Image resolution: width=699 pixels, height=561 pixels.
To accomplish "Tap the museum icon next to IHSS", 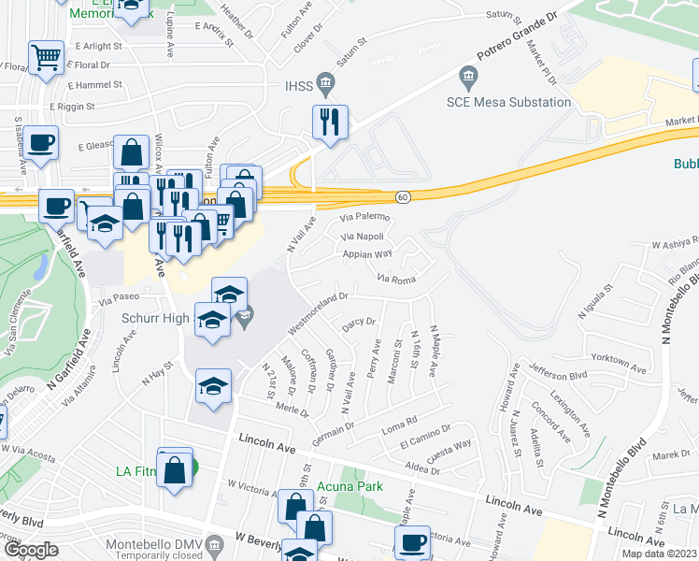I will [324, 81].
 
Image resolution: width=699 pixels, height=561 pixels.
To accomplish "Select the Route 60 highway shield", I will [403, 197].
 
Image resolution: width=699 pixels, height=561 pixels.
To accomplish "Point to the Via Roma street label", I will [395, 278].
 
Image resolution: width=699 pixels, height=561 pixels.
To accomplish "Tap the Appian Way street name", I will [366, 253].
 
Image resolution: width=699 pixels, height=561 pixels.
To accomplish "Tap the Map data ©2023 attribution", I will [658, 554].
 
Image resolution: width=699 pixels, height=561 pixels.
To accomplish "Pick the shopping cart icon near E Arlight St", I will [46, 58].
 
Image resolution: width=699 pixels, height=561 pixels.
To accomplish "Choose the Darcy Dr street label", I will [358, 324].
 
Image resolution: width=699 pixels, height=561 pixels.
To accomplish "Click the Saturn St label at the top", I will [508, 15].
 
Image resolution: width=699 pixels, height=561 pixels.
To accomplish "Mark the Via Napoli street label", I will [363, 237].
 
